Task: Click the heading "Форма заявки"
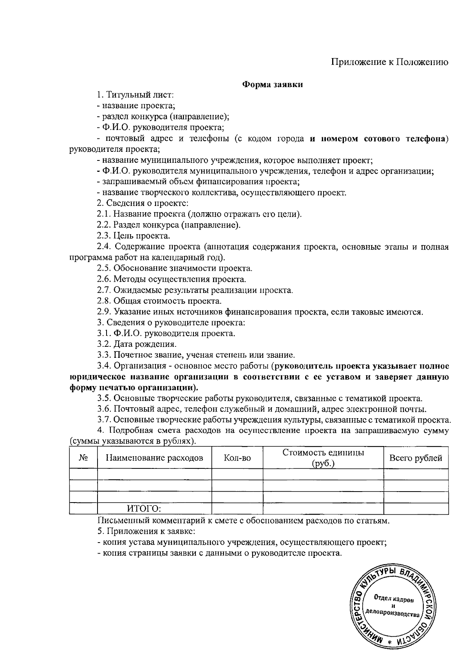[x=273, y=84]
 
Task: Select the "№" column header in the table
[x=83, y=458]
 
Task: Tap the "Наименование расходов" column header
[x=154, y=458]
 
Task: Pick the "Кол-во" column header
[x=237, y=458]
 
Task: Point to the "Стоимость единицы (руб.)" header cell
[x=323, y=458]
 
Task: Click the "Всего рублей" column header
[x=416, y=458]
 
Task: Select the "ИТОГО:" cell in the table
[x=144, y=509]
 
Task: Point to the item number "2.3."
[x=104, y=236]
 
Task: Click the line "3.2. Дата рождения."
[x=137, y=344]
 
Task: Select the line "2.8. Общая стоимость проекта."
[x=159, y=301]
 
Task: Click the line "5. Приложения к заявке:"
[x=146, y=532]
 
